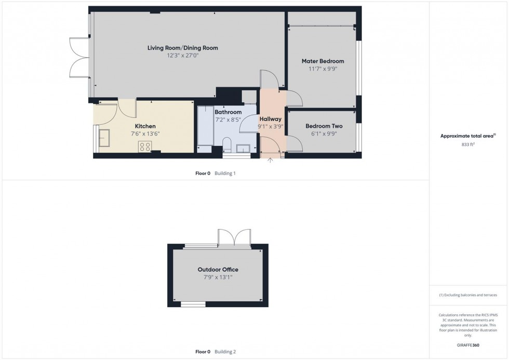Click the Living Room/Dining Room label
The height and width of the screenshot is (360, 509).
click(x=182, y=48)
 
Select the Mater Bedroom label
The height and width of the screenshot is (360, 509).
click(x=323, y=61)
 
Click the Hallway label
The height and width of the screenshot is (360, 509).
click(x=270, y=119)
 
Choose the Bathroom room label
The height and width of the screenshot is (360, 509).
click(x=228, y=112)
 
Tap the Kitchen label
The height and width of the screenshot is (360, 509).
click(x=145, y=126)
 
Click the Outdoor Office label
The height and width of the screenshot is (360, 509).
click(x=218, y=270)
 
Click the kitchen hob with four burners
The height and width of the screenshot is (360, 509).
click(x=144, y=146)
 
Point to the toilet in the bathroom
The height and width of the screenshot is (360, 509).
click(x=226, y=144)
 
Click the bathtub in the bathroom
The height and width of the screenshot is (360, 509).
click(x=205, y=126)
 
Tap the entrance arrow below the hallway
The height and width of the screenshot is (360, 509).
click(x=270, y=161)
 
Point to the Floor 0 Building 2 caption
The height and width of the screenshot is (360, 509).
click(x=215, y=352)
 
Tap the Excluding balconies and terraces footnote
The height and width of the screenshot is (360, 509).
click(x=468, y=295)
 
